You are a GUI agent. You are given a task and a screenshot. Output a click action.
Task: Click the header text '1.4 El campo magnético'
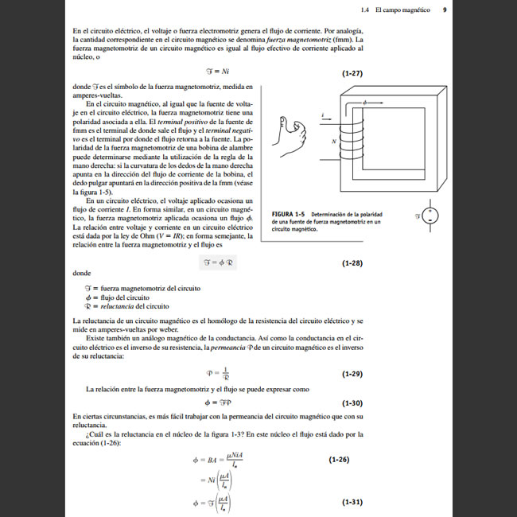[x=395, y=10]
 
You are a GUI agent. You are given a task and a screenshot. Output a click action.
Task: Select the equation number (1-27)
[x=352, y=73]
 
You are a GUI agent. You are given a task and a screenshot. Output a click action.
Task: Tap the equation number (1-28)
[x=352, y=262]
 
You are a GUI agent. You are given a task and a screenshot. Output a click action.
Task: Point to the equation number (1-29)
[x=352, y=373]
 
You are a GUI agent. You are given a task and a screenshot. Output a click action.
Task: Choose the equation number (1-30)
[x=352, y=402]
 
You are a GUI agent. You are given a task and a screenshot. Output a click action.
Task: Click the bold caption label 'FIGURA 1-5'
[x=289, y=215]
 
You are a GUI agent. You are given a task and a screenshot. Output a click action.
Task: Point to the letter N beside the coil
[x=333, y=139]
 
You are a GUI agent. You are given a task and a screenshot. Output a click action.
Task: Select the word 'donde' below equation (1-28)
[x=80, y=273]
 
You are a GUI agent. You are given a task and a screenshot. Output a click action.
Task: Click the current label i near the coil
[x=322, y=115]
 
